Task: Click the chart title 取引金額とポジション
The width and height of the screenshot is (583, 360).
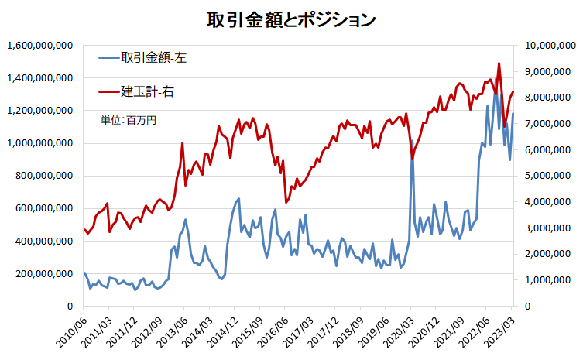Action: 291,19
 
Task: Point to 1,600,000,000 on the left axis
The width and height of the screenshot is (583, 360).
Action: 39,46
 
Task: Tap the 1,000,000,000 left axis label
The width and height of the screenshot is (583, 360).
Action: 39,143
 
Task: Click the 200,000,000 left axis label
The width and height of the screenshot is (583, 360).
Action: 43,274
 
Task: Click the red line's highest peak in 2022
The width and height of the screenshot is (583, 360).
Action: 499,63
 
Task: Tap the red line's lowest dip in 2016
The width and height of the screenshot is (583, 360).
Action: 286,202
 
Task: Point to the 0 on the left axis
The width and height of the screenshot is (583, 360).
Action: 69,307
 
